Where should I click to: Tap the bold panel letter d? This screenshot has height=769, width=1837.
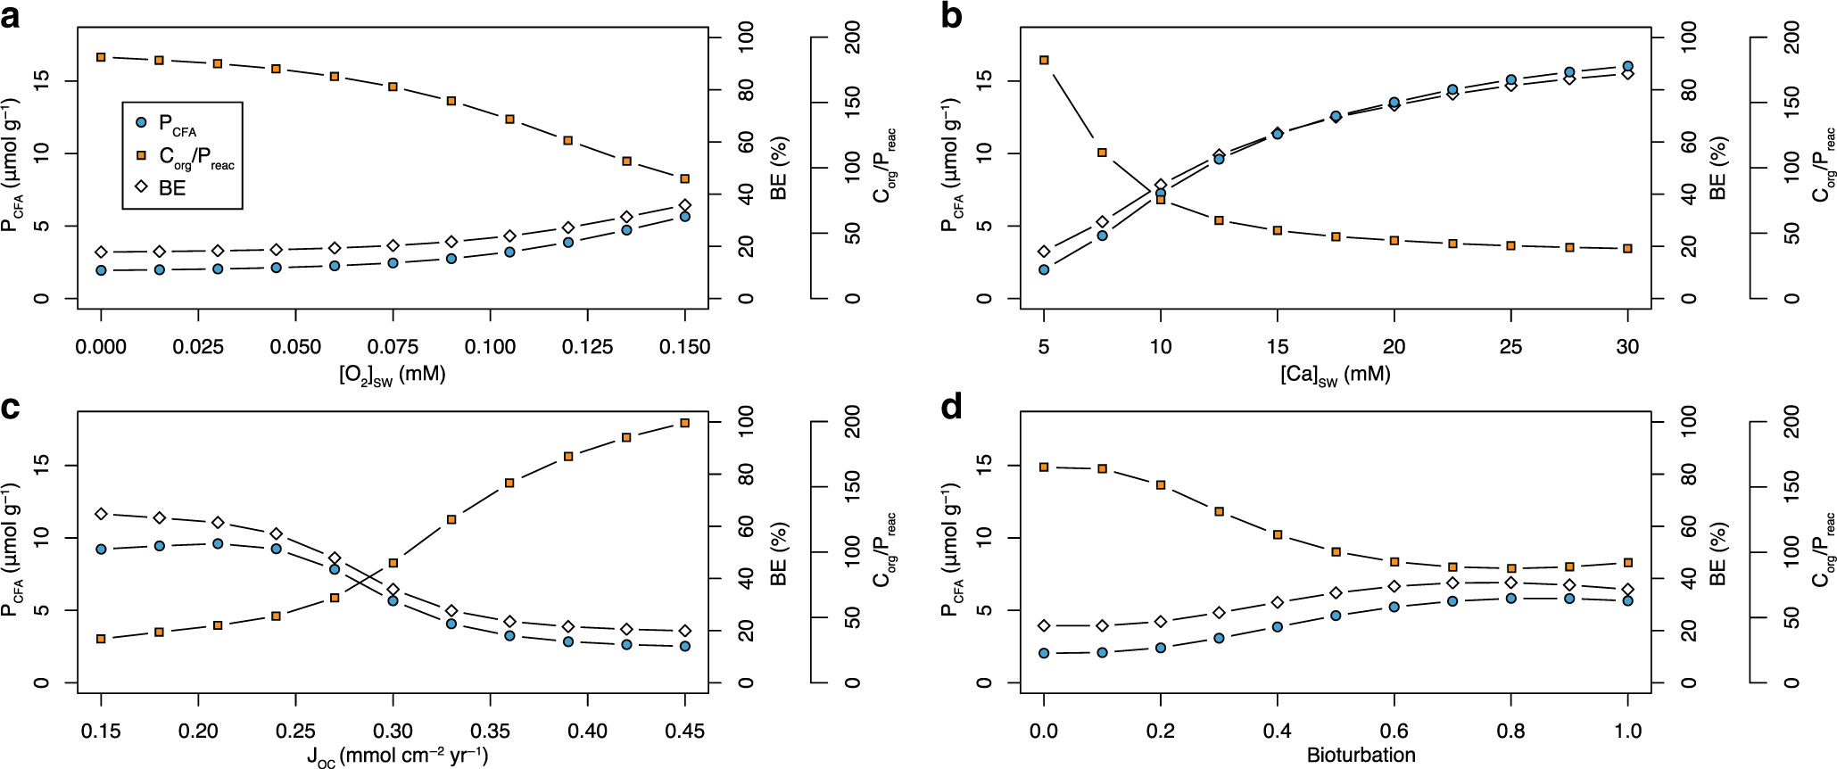click(x=952, y=408)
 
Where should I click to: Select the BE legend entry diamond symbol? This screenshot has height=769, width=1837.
click(x=141, y=187)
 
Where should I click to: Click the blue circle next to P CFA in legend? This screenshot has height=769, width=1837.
click(x=141, y=122)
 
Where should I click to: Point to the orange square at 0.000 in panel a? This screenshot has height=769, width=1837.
click(x=101, y=57)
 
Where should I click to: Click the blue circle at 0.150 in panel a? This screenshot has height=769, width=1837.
click(x=685, y=216)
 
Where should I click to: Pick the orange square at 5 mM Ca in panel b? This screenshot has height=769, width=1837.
click(x=1044, y=60)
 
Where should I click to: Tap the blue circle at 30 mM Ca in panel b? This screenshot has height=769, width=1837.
click(x=1628, y=66)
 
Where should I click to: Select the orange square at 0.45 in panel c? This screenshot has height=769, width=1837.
click(x=685, y=423)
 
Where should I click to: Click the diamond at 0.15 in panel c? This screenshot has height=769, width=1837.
click(x=101, y=514)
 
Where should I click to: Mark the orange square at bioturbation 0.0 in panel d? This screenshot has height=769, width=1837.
click(x=1044, y=467)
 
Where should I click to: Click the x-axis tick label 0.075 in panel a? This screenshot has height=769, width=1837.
click(x=393, y=347)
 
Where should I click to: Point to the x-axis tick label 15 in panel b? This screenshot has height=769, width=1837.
click(x=1278, y=347)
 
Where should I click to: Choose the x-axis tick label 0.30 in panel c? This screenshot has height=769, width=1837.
click(x=393, y=732)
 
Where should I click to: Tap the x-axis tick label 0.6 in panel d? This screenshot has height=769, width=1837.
click(x=1394, y=732)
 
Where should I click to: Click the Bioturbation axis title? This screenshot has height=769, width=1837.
click(x=1361, y=756)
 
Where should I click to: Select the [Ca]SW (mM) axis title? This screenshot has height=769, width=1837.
click(x=1335, y=375)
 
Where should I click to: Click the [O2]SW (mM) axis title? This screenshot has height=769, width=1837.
click(x=393, y=375)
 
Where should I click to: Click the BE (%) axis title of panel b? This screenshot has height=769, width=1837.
click(x=1717, y=168)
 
